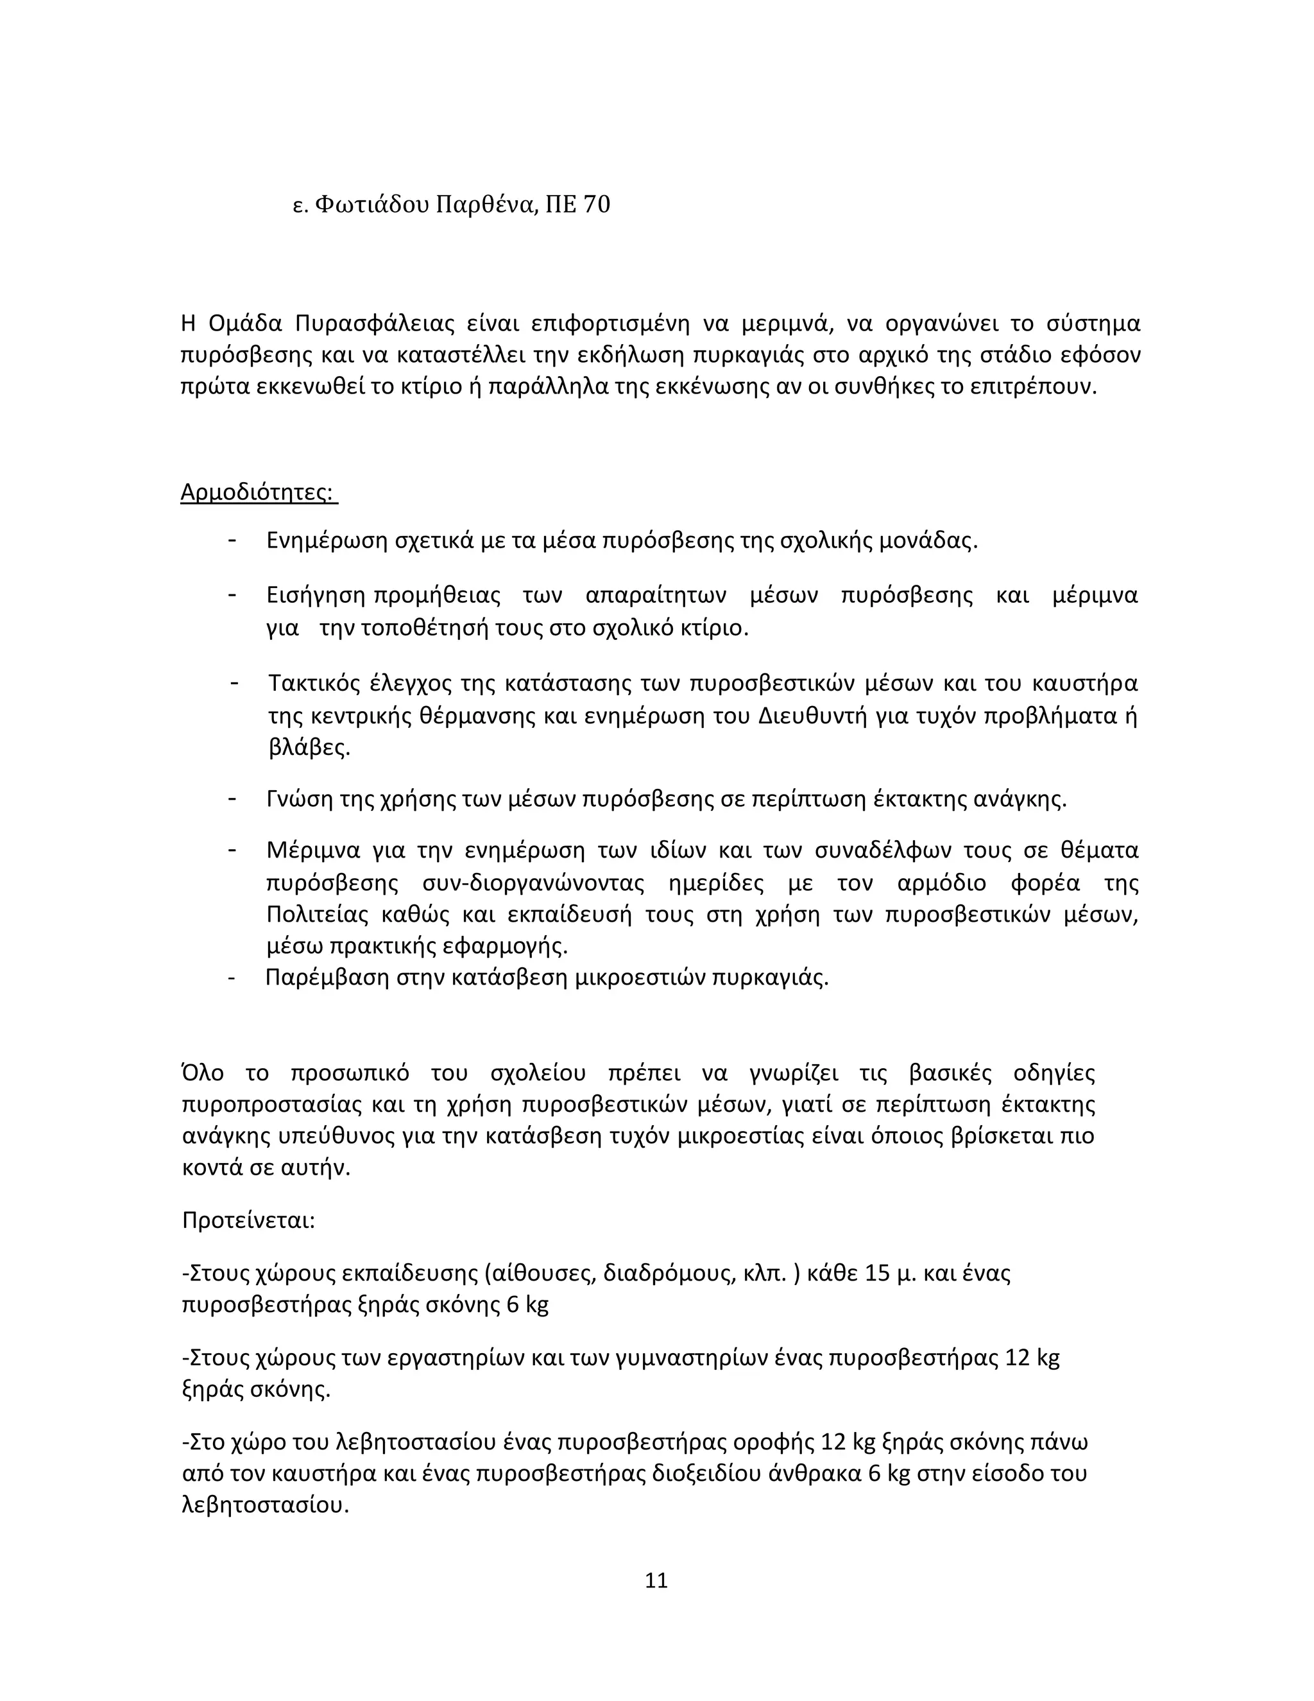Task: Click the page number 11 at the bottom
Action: [656, 1580]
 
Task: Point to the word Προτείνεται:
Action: [248, 1220]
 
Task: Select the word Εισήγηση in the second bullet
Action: [315, 596]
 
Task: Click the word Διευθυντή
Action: [812, 716]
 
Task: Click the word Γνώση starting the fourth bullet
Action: [299, 800]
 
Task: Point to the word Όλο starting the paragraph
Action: [202, 1073]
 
